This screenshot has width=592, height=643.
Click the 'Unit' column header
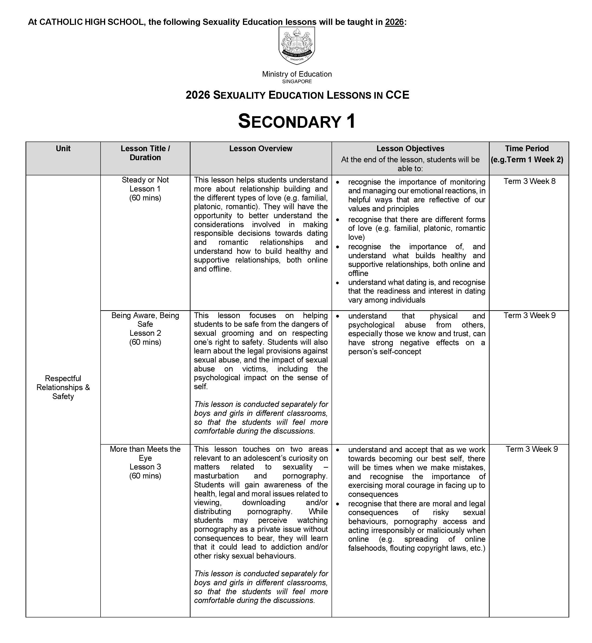tap(63, 149)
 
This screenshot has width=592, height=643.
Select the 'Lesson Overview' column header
tap(261, 149)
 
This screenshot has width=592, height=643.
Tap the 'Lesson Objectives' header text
tap(410, 149)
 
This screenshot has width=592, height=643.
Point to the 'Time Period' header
tap(527, 149)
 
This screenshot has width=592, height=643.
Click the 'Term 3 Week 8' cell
tap(529, 181)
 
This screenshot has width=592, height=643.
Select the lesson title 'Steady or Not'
tap(145, 180)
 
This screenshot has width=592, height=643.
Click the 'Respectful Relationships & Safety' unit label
tap(63, 387)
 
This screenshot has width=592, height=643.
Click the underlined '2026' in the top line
tap(394, 22)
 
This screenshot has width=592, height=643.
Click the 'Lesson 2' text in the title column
tap(145, 333)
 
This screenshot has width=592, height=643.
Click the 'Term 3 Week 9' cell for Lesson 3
tap(532, 449)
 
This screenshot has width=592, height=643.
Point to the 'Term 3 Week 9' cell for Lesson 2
tap(529, 316)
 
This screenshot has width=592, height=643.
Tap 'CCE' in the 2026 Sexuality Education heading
tap(397, 95)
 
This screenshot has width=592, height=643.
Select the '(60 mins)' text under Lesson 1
tap(145, 198)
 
